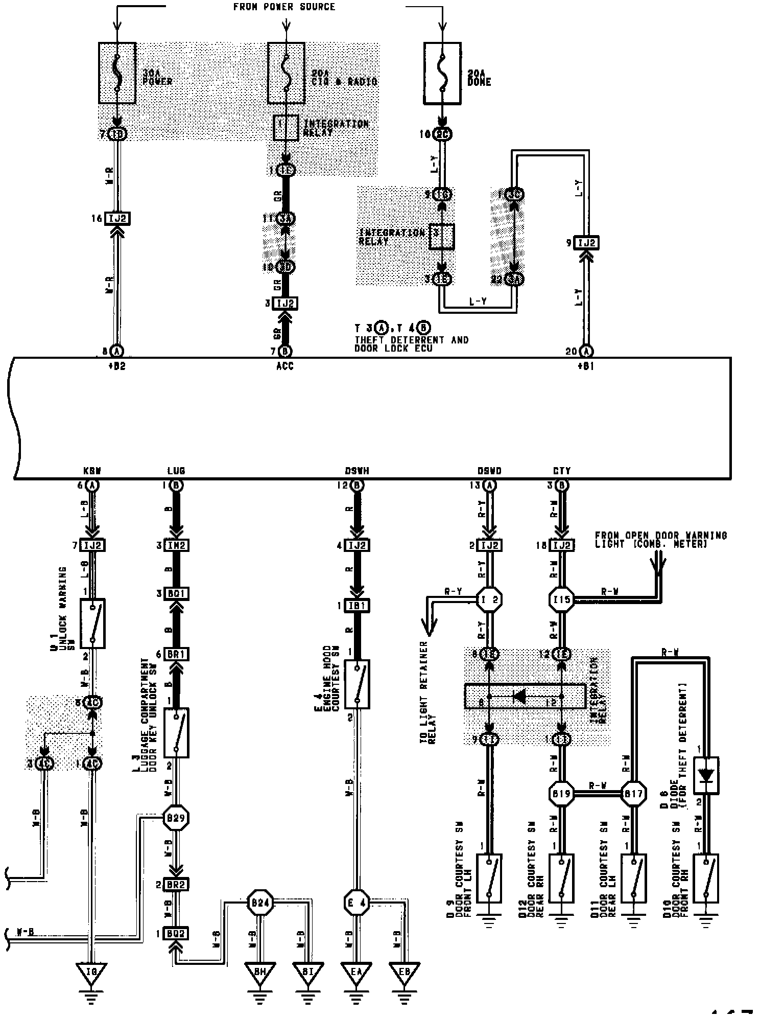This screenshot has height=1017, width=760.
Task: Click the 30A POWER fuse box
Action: click(117, 73)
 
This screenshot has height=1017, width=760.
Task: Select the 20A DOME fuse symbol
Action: click(442, 73)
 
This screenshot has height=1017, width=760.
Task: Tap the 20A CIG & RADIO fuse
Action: click(287, 73)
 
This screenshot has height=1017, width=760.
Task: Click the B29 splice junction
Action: click(176, 818)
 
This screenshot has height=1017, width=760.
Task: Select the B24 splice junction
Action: click(260, 903)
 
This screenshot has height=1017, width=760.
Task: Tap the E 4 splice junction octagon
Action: click(357, 903)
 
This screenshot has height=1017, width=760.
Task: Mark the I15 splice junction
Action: click(561, 599)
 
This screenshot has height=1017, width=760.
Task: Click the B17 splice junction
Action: click(633, 794)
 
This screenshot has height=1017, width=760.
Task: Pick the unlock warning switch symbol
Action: click(92, 623)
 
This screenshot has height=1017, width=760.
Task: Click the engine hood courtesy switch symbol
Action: click(357, 684)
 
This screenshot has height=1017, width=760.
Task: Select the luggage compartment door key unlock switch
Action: click(176, 732)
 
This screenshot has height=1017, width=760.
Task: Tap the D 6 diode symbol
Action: click(706, 775)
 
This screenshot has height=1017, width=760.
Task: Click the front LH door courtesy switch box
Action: click(489, 879)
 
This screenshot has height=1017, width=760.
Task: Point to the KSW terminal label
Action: click(92, 471)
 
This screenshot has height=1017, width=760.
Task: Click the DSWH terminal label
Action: click(357, 471)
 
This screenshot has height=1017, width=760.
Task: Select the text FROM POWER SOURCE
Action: click(284, 7)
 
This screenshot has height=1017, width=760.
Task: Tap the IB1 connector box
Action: click(357, 606)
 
